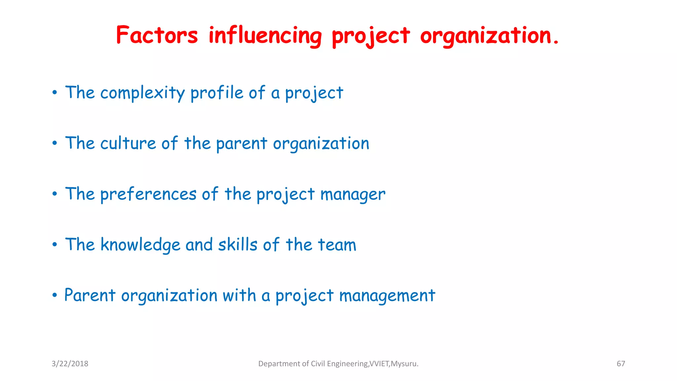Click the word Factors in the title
[x=157, y=35]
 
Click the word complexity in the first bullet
[x=142, y=93]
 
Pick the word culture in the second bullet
[x=128, y=144]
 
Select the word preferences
[x=148, y=194]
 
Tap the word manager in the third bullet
[x=353, y=194]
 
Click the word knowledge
[x=140, y=245]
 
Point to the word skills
[x=238, y=245]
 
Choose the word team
[x=337, y=245]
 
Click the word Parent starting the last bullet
[x=90, y=295]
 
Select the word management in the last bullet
[x=387, y=296]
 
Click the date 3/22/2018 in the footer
[x=70, y=364]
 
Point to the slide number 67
[x=621, y=364]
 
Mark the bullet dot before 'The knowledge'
[x=55, y=245]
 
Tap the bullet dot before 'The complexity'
[x=55, y=93]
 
